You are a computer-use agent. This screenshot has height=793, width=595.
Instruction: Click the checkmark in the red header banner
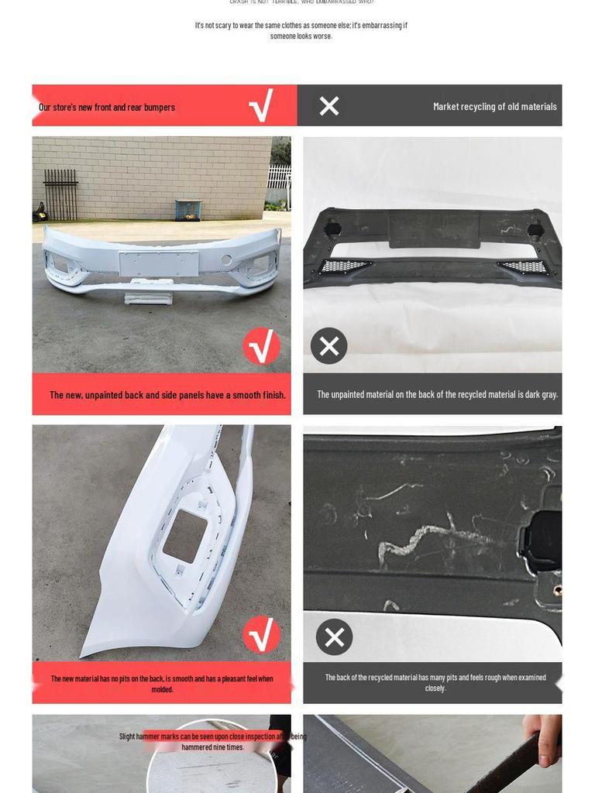[x=261, y=106]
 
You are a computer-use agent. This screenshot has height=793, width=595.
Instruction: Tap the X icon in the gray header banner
[x=329, y=106]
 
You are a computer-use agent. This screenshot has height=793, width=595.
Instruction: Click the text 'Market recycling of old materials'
[x=494, y=107]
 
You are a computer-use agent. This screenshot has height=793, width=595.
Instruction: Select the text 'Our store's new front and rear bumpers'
[x=107, y=108]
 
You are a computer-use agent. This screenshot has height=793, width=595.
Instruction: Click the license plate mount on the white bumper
[x=159, y=263]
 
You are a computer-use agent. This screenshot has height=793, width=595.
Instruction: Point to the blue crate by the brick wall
[x=188, y=210]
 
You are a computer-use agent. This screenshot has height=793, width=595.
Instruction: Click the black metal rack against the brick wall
[x=60, y=194]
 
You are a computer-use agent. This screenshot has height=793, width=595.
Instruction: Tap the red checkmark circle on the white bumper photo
[x=262, y=346]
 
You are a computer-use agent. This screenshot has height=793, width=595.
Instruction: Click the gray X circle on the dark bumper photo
[x=329, y=346]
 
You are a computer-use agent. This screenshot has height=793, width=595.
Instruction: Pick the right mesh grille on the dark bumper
[x=524, y=267]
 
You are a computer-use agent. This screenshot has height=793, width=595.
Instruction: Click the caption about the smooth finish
[x=167, y=395]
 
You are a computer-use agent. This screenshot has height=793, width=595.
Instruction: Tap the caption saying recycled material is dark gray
[x=437, y=394]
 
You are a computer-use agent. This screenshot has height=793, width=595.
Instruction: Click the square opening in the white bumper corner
[x=185, y=536]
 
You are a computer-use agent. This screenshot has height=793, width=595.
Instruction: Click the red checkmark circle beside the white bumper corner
[x=262, y=635]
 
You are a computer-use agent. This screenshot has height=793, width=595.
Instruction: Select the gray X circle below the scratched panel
[x=335, y=637]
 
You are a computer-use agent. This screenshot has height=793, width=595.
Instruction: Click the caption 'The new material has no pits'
[x=162, y=684]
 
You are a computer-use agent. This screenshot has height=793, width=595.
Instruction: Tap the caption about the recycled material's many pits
[x=435, y=682]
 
